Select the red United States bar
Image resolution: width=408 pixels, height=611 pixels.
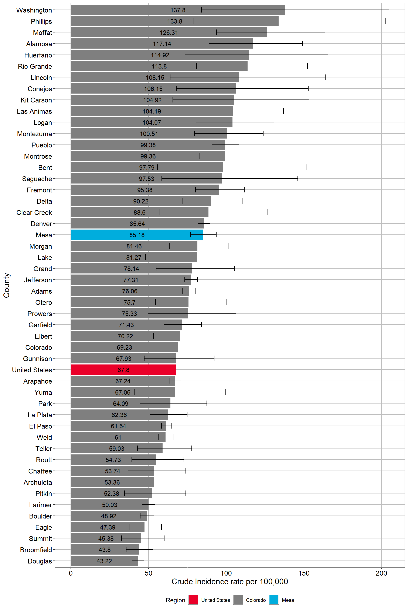(x=123, y=369)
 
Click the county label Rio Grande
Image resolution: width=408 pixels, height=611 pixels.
(x=35, y=66)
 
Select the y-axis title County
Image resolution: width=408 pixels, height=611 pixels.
(x=7, y=285)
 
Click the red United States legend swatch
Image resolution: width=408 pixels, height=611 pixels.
(x=193, y=600)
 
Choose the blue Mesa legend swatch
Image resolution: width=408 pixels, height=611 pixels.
(x=274, y=600)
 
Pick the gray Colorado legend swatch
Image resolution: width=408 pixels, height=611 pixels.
(x=238, y=600)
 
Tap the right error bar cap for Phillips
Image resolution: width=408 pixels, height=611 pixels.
(x=385, y=21)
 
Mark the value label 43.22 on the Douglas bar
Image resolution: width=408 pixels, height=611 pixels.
(x=104, y=561)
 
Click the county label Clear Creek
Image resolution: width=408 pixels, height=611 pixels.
(x=34, y=213)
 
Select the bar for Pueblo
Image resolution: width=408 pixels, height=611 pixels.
(x=148, y=145)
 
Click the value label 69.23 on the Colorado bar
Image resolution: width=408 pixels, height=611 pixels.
(x=124, y=347)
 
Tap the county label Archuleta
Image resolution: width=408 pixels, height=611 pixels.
(x=38, y=482)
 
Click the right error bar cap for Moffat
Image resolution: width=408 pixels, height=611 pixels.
(x=325, y=32)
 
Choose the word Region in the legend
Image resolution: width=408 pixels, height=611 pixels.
(x=175, y=600)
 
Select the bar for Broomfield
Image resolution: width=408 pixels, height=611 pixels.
(x=105, y=549)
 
